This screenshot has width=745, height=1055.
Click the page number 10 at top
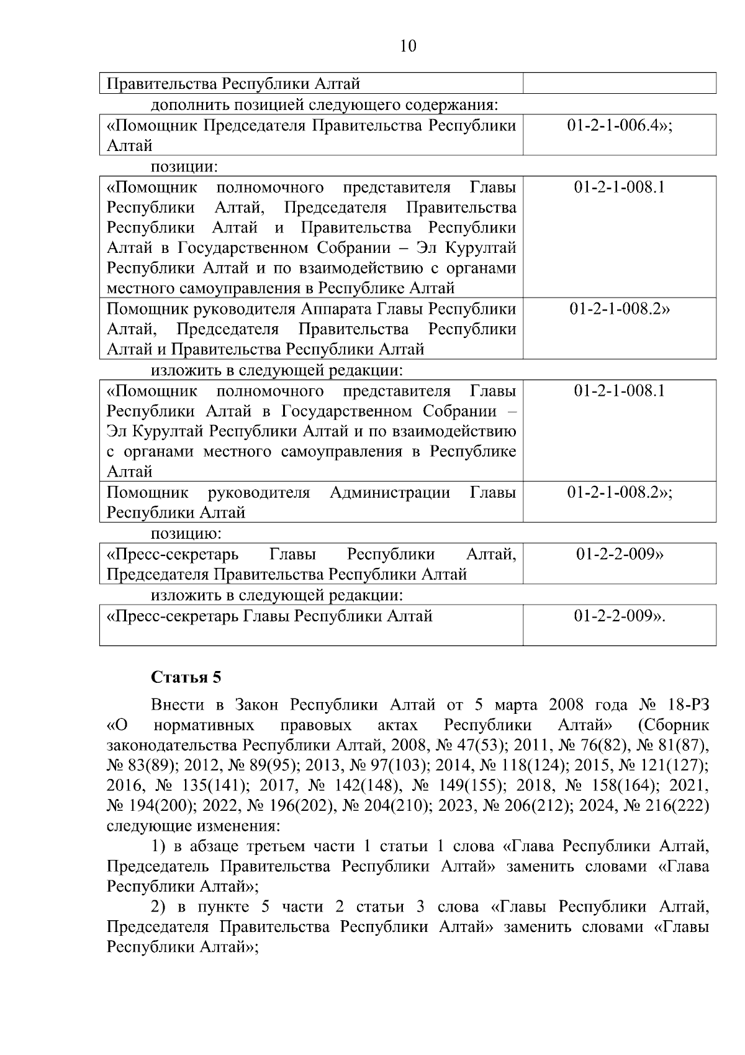[x=409, y=46]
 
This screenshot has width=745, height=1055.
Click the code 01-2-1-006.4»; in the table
[x=620, y=126]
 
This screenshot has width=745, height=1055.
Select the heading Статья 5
[x=186, y=677]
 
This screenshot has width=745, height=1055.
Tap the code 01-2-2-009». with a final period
[x=620, y=616]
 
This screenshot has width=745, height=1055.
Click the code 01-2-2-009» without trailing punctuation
[x=620, y=554]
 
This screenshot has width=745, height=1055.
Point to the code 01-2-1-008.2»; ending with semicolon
[x=620, y=493]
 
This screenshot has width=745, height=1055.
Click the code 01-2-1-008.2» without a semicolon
[x=620, y=309]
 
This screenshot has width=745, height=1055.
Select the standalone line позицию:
[x=186, y=534]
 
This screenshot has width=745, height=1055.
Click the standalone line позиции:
[x=184, y=167]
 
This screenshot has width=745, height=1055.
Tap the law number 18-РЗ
[x=683, y=705]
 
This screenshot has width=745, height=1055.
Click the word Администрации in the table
[x=390, y=493]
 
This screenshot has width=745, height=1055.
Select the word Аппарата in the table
[x=332, y=309]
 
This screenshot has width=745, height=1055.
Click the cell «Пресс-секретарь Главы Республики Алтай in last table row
[x=270, y=616]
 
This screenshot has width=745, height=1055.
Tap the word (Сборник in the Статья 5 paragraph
[x=673, y=726]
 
